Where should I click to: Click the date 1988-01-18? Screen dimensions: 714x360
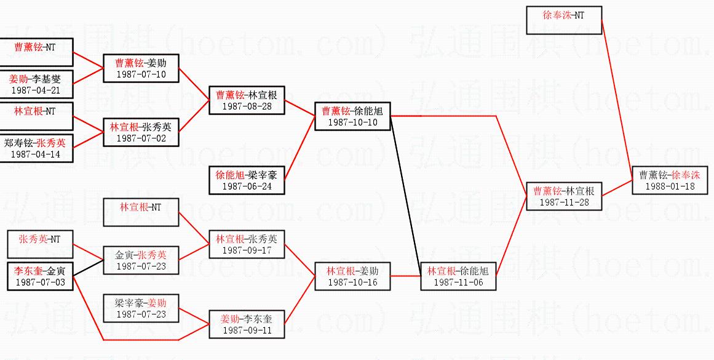click(x=670, y=186)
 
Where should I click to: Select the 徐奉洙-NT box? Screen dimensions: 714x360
click(x=564, y=20)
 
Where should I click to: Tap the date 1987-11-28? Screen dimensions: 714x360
click(x=564, y=202)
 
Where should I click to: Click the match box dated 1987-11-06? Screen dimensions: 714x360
click(x=458, y=276)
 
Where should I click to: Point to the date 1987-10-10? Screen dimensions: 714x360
click(x=352, y=122)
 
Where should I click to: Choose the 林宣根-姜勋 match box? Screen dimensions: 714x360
click(x=352, y=276)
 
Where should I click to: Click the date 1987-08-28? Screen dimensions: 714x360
click(x=247, y=106)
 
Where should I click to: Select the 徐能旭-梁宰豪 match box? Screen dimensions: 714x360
click(x=247, y=180)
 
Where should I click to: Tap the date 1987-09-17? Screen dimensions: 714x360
click(x=247, y=250)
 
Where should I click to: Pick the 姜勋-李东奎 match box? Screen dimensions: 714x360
click(x=247, y=324)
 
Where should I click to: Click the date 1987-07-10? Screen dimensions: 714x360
click(x=141, y=74)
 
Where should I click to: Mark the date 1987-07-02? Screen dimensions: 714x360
click(x=141, y=138)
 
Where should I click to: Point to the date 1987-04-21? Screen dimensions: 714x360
click(x=36, y=90)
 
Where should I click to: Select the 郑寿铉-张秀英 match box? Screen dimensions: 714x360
click(x=36, y=148)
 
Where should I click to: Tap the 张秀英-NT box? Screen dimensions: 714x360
click(x=39, y=244)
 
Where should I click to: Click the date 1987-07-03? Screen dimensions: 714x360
click(x=40, y=282)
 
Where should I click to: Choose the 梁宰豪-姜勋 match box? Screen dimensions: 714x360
click(x=141, y=308)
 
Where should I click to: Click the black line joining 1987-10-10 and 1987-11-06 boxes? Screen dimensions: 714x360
click(x=406, y=196)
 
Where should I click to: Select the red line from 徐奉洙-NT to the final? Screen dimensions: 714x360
click(x=617, y=100)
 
